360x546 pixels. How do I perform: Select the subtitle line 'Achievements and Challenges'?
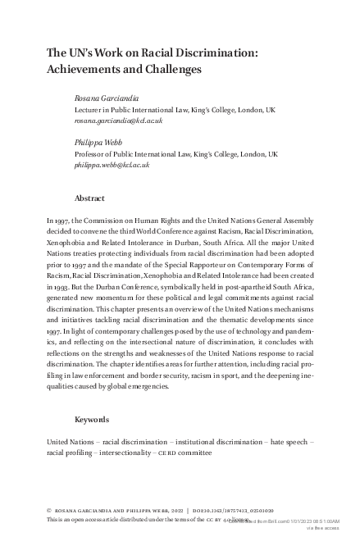point(124,70)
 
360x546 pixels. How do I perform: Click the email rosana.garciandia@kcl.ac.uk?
point(118,120)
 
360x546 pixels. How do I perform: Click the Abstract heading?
point(89,198)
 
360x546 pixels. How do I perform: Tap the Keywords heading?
point(92,419)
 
